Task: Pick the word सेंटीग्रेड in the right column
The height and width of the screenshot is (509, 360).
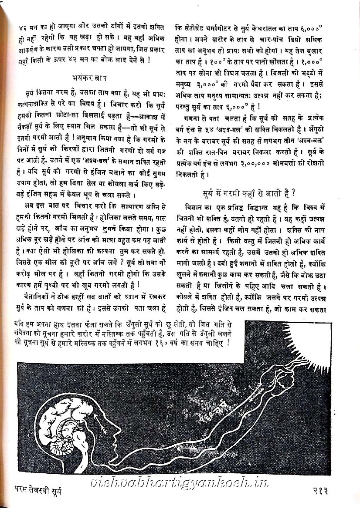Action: click(x=197, y=26)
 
